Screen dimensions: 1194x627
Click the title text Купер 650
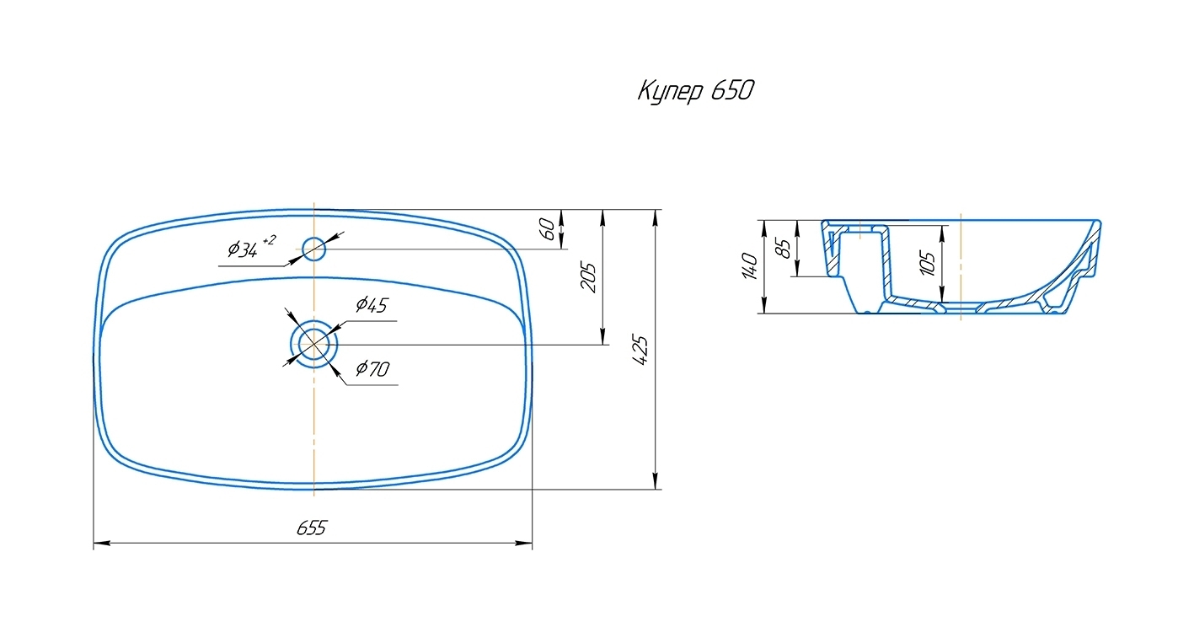coord(696,91)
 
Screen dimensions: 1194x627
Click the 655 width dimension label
coord(311,528)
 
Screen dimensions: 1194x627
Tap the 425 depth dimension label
coord(640,350)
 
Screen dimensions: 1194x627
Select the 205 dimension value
coord(588,277)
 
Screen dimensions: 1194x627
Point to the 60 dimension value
coord(547,229)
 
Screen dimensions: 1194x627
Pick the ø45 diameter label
coord(372,304)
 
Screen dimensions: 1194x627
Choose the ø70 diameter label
coord(372,368)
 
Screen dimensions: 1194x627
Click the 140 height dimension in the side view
coord(749,266)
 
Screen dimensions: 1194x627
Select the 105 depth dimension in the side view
coord(928,264)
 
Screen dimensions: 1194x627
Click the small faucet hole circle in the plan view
coord(314,249)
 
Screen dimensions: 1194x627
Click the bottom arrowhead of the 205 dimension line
coord(602,336)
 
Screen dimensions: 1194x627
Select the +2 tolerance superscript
coord(270,240)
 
